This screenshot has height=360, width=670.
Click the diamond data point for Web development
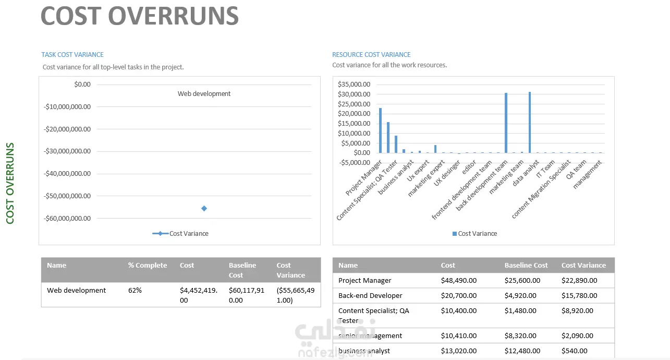204,208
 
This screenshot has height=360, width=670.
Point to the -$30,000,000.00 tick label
67,151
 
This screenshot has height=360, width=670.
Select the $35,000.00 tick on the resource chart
354,84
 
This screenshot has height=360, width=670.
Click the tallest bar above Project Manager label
380,130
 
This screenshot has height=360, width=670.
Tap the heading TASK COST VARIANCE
72,54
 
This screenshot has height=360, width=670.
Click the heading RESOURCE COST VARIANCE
371,54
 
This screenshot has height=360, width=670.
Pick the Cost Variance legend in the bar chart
474,233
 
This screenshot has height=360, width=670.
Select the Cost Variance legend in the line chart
180,233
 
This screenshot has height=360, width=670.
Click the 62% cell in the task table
135,290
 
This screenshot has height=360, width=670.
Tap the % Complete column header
148,265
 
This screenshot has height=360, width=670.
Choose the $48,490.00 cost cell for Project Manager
458,280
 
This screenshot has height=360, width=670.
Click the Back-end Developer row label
370,295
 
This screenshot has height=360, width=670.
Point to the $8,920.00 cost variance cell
577,310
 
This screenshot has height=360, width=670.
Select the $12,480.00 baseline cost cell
522,351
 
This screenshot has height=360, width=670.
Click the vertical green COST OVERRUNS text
10,183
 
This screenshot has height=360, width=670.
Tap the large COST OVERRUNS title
139,16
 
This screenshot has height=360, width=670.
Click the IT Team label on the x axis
545,169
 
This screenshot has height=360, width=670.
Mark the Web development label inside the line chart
204,94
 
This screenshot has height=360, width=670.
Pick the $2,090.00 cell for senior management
577,335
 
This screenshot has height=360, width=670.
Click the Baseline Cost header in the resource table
526,265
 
